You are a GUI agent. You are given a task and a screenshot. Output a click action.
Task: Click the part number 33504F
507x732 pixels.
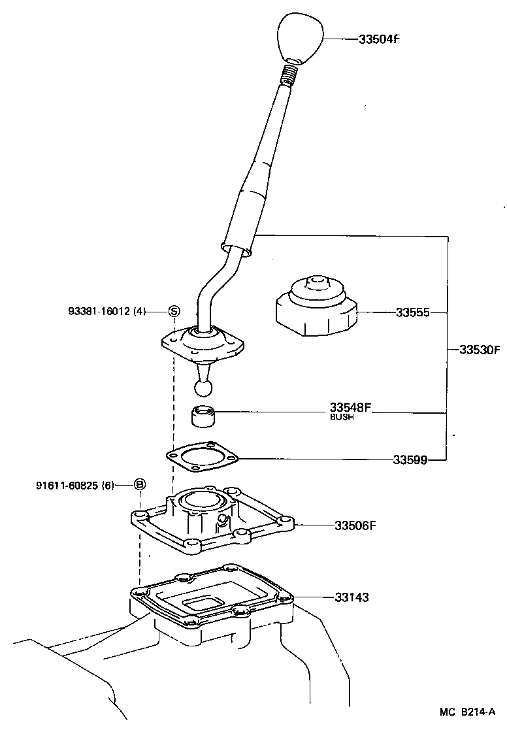378,39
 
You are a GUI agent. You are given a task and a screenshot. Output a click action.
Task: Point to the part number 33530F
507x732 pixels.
479,350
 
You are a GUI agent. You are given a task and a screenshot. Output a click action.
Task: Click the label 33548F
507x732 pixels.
350,407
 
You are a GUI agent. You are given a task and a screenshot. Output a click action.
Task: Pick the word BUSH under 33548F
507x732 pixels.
342,417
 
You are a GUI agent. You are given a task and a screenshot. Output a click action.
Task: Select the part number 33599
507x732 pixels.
410,459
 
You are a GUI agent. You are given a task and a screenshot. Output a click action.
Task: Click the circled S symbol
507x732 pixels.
174,311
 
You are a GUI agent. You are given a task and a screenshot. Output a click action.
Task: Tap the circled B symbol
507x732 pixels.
140,485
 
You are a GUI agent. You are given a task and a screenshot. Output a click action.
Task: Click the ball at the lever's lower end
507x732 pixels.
204,388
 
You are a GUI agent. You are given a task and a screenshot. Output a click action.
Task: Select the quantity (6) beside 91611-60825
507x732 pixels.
108,485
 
